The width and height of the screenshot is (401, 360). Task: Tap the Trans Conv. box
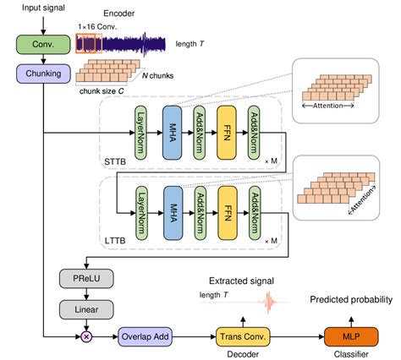pos(244,337)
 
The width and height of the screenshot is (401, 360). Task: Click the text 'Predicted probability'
pos(350,299)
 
